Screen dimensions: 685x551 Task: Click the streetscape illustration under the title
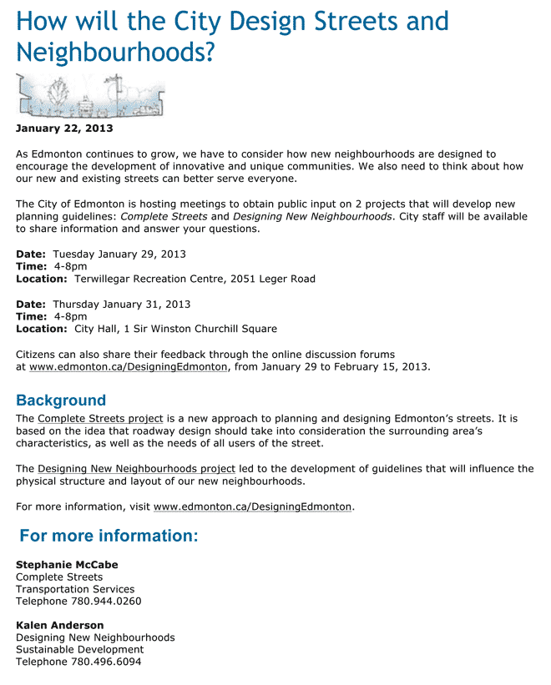point(90,95)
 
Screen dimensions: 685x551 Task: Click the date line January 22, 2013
point(64,128)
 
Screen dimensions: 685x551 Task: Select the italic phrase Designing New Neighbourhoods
point(311,216)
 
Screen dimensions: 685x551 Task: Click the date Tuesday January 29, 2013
point(119,254)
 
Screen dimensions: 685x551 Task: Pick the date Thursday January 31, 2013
point(122,304)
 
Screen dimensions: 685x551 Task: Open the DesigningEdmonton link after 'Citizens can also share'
point(128,366)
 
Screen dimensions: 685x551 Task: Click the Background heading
point(61,400)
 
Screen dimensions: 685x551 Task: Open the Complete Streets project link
point(100,418)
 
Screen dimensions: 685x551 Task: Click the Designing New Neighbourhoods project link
point(136,468)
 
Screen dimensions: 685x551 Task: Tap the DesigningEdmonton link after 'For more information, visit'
point(252,506)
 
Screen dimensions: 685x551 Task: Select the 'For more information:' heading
point(109,536)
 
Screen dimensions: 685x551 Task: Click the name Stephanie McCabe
point(67,565)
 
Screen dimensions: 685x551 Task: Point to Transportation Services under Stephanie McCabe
point(75,589)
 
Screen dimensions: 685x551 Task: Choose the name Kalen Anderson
point(60,625)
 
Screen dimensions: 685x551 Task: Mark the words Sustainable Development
point(79,649)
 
